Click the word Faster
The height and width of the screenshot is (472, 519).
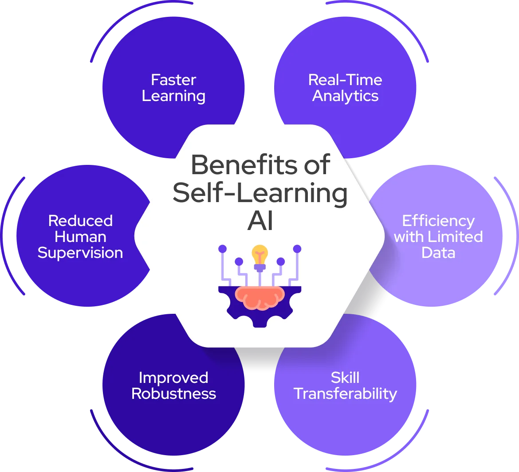(x=173, y=80)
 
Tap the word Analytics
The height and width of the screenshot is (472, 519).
(x=345, y=96)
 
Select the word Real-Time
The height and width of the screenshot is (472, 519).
(x=345, y=80)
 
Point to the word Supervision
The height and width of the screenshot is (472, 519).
(x=80, y=253)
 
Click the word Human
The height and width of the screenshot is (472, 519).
(x=80, y=237)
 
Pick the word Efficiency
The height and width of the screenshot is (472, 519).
(x=438, y=221)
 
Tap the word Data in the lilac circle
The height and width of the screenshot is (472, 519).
(x=438, y=253)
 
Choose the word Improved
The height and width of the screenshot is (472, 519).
(x=173, y=378)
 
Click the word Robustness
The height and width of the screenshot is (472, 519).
(x=173, y=394)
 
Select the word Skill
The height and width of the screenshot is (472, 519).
(x=345, y=378)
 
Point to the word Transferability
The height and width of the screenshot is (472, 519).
(x=345, y=394)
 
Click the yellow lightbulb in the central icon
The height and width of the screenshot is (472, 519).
(x=259, y=255)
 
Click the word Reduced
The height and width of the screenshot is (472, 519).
(x=80, y=221)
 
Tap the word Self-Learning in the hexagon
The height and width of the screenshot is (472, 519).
(x=260, y=193)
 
